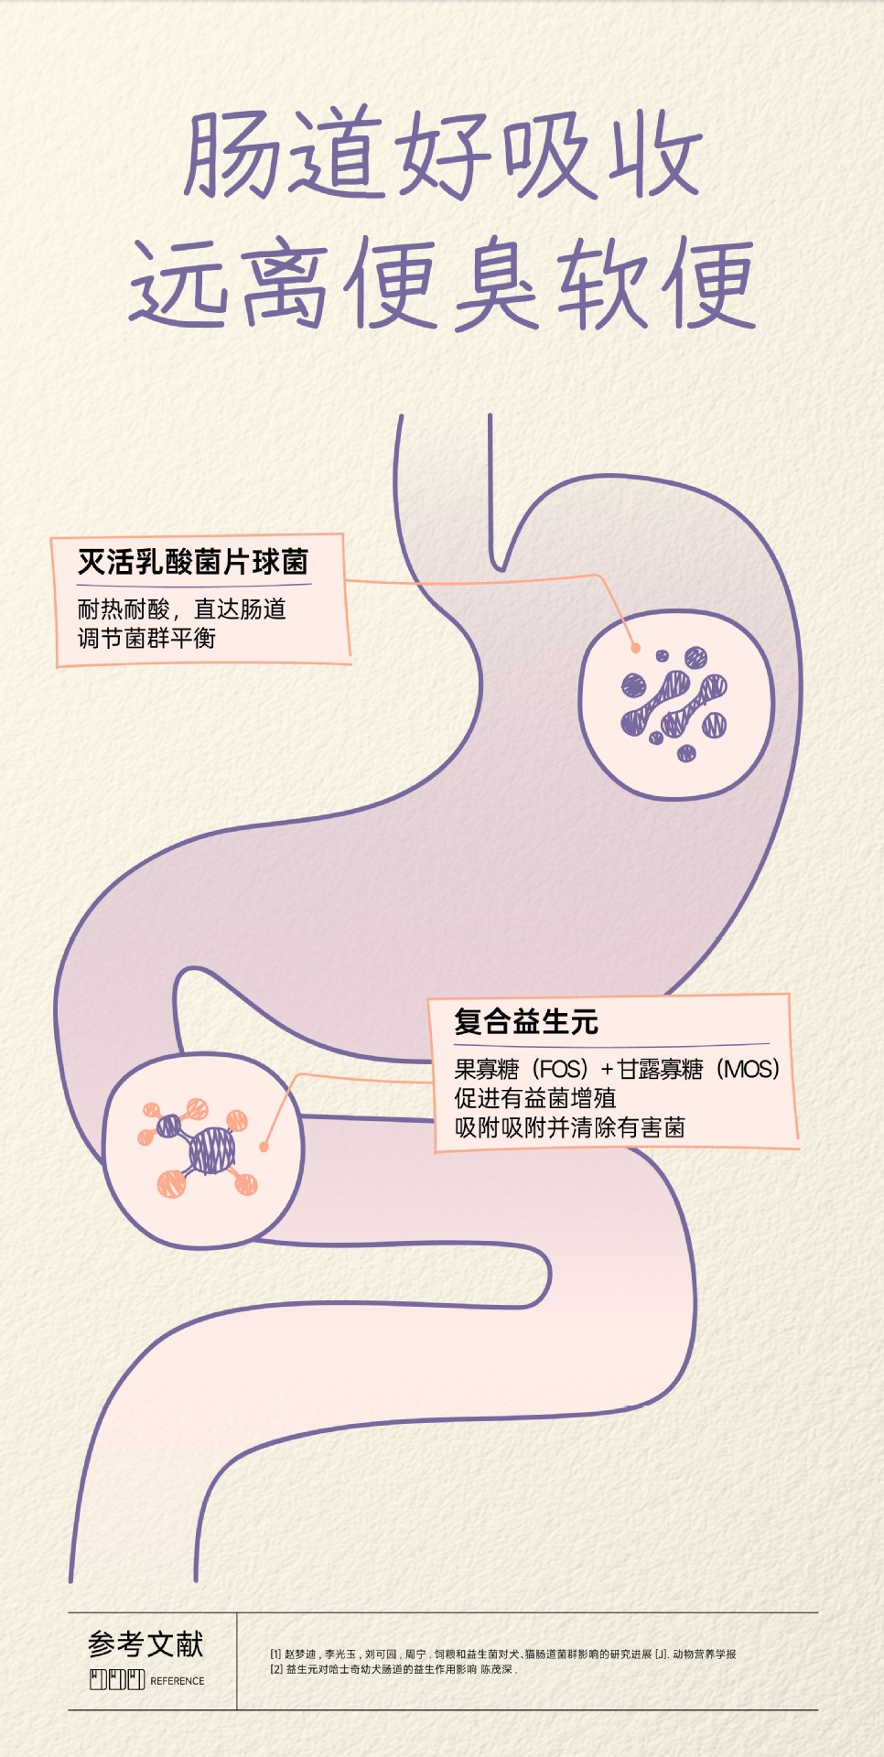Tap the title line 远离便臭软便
click(x=442, y=283)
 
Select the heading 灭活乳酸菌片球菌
click(x=193, y=562)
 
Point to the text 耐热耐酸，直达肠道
click(x=181, y=609)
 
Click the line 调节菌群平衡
click(x=146, y=638)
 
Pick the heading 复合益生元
click(x=526, y=1021)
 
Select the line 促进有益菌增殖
click(x=535, y=1098)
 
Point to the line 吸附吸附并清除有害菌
click(x=570, y=1127)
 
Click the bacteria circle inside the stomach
click(x=677, y=703)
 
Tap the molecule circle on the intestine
click(x=202, y=1150)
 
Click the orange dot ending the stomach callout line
click(x=635, y=647)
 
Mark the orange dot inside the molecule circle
click(x=264, y=1147)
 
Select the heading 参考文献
click(x=146, y=1644)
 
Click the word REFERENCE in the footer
click(x=178, y=1681)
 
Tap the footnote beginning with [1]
click(x=503, y=1654)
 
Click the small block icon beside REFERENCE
click(x=117, y=1680)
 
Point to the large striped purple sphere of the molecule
click(x=212, y=1150)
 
